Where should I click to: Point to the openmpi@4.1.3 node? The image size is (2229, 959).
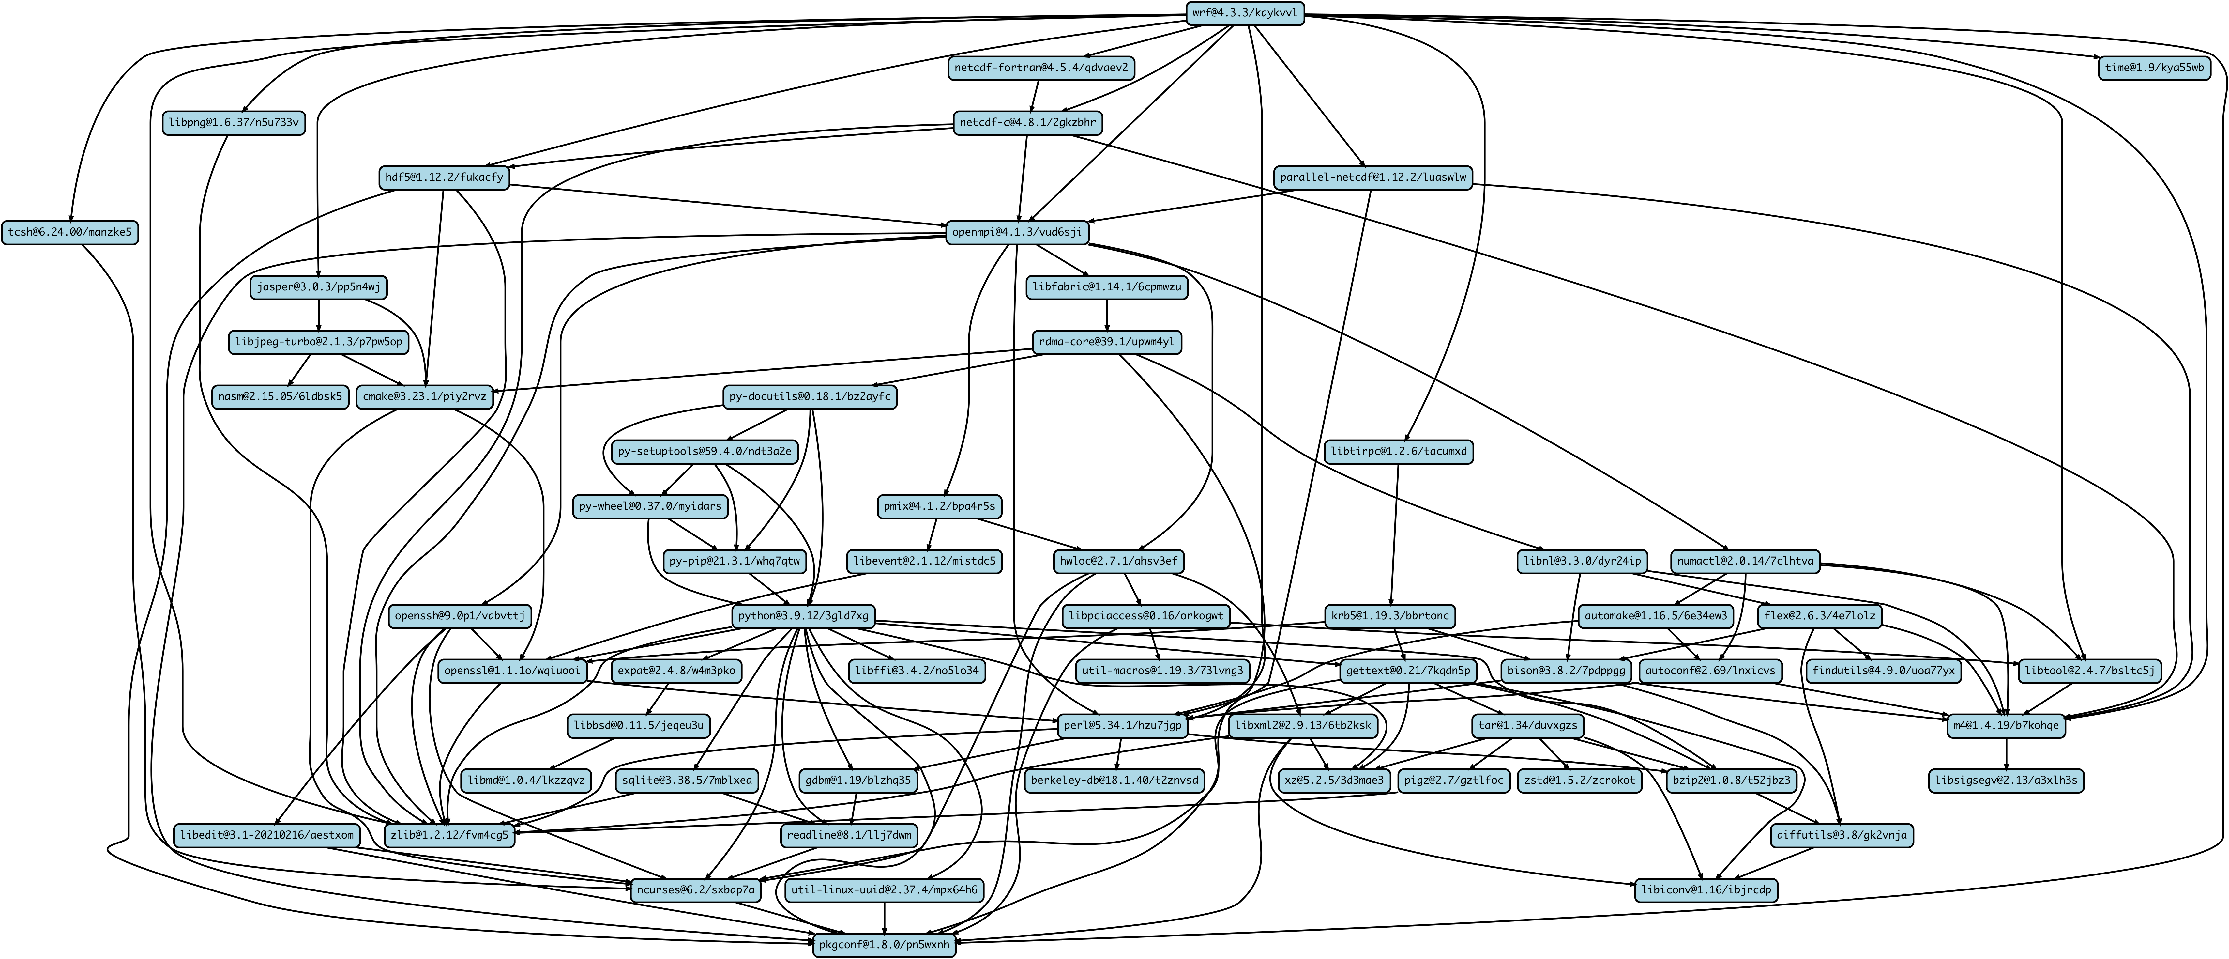click(1018, 233)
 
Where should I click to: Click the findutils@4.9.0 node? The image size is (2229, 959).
click(1881, 671)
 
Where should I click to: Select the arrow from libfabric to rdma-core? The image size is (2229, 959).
click(1108, 315)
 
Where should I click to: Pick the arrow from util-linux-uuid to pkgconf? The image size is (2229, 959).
click(884, 918)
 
